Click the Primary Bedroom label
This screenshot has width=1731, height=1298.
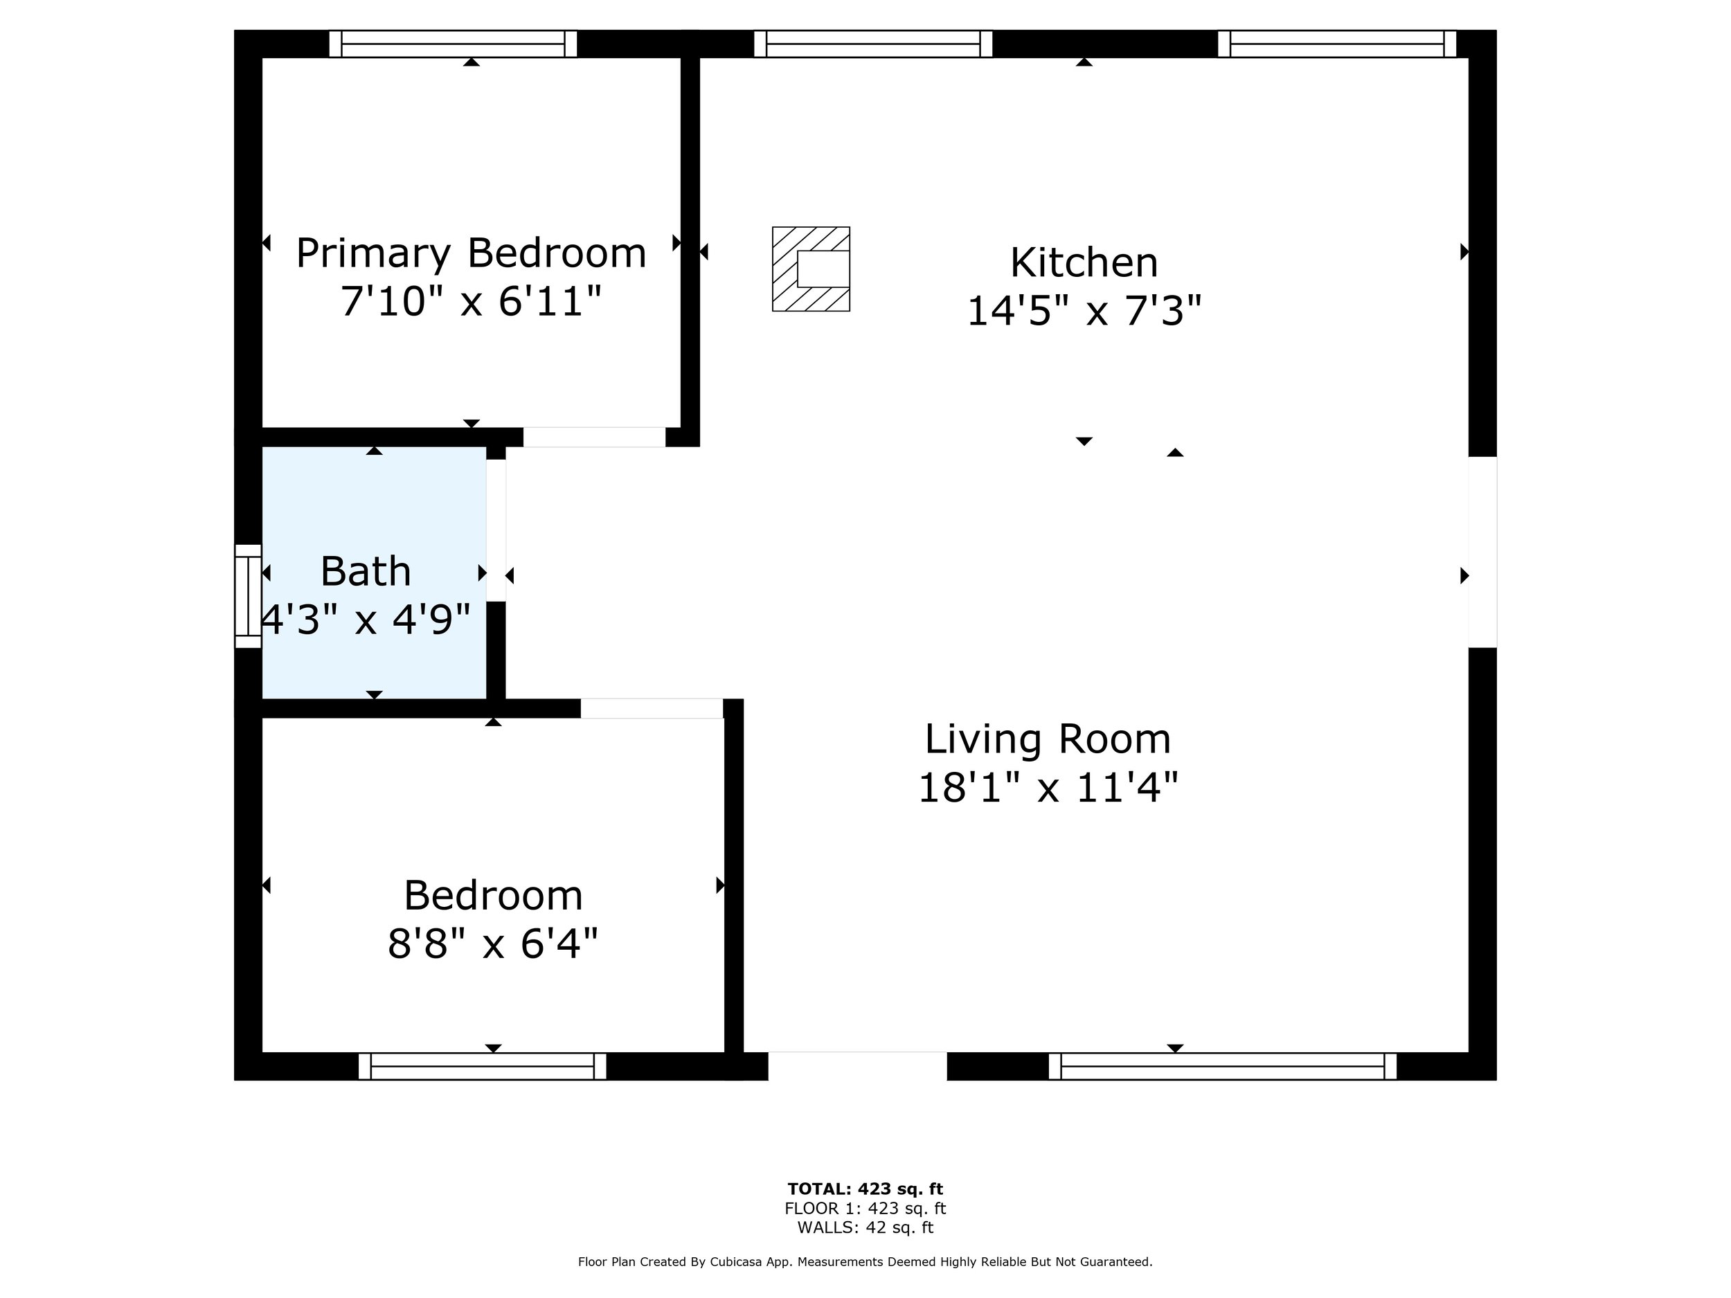471,253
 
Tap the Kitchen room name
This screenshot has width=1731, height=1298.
1084,263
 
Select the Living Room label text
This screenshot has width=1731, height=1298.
1048,739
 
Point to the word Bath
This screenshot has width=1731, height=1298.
366,571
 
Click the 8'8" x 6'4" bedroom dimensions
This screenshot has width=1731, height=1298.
493,943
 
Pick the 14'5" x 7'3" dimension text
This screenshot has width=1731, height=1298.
1084,310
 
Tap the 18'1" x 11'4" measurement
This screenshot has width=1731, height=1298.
1048,787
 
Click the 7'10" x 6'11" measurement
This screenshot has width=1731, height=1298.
471,300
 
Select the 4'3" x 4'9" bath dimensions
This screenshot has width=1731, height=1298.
366,619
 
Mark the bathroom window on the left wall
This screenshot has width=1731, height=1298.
248,596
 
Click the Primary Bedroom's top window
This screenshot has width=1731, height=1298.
453,44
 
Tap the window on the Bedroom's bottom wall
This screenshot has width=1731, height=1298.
482,1066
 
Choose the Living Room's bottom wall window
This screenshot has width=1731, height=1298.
1222,1066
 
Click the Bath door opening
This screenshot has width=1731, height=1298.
496,530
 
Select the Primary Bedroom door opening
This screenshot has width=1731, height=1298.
595,438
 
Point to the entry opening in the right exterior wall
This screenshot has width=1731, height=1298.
1482,552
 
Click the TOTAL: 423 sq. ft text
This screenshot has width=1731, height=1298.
865,1189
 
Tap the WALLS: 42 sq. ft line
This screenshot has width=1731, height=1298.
865,1227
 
